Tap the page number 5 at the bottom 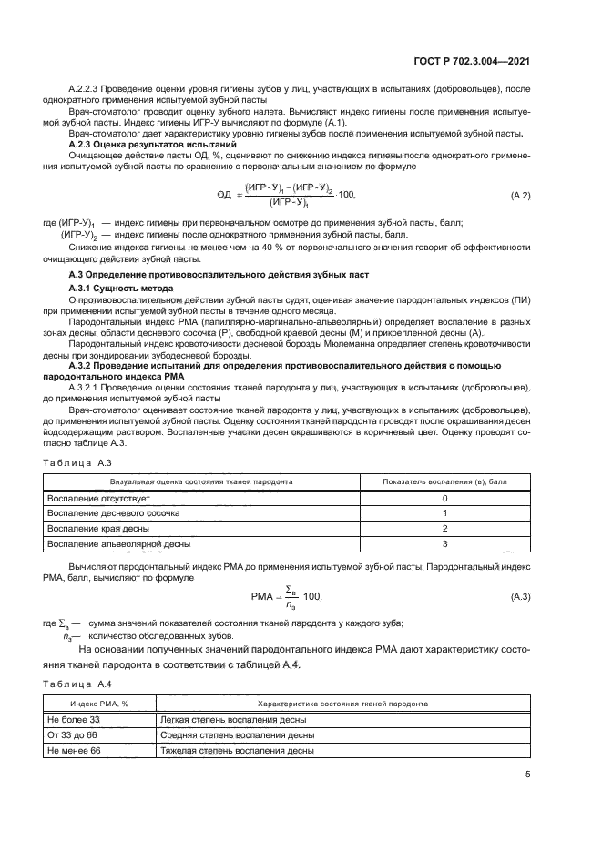coord(528,775)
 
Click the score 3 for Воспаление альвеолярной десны coord(444,543)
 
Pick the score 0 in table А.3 coord(444,499)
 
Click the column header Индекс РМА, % coord(100,704)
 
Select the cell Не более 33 coord(73,719)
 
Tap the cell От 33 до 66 coord(74,734)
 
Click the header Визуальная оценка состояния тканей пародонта coord(201,482)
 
